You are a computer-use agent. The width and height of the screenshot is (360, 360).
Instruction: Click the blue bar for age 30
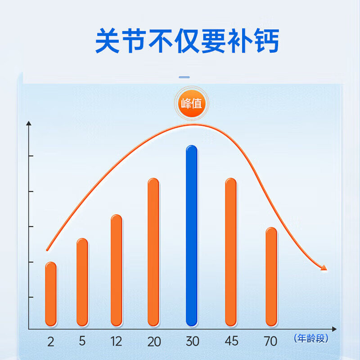tap(192, 236)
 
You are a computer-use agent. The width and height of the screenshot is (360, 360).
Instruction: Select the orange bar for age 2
tap(51, 294)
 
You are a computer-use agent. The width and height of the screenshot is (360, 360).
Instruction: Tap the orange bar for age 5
tap(82, 282)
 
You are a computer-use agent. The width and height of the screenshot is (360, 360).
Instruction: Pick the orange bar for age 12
tap(117, 270)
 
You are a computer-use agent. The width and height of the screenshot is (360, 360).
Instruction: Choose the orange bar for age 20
tap(153, 252)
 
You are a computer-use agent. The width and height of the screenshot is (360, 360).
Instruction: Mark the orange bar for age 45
tap(231, 252)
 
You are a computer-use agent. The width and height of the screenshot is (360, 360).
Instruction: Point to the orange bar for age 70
tap(271, 277)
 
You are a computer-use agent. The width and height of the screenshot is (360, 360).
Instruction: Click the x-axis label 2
tap(50, 342)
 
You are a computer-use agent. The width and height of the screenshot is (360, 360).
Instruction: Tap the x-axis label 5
tap(82, 341)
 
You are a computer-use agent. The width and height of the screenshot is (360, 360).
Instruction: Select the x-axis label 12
tap(116, 342)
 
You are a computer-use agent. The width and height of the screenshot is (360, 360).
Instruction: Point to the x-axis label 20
tap(154, 342)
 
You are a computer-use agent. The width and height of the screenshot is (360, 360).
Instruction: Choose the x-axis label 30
tap(192, 342)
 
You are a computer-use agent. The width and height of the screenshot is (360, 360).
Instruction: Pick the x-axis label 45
tap(231, 342)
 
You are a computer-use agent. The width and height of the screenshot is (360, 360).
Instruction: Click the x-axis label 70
tap(271, 342)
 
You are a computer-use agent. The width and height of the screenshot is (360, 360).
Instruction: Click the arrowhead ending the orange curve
tap(324, 268)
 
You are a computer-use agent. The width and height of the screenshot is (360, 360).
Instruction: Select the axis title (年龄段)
tap(311, 338)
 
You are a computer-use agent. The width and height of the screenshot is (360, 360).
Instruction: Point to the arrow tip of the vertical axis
tap(29, 123)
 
